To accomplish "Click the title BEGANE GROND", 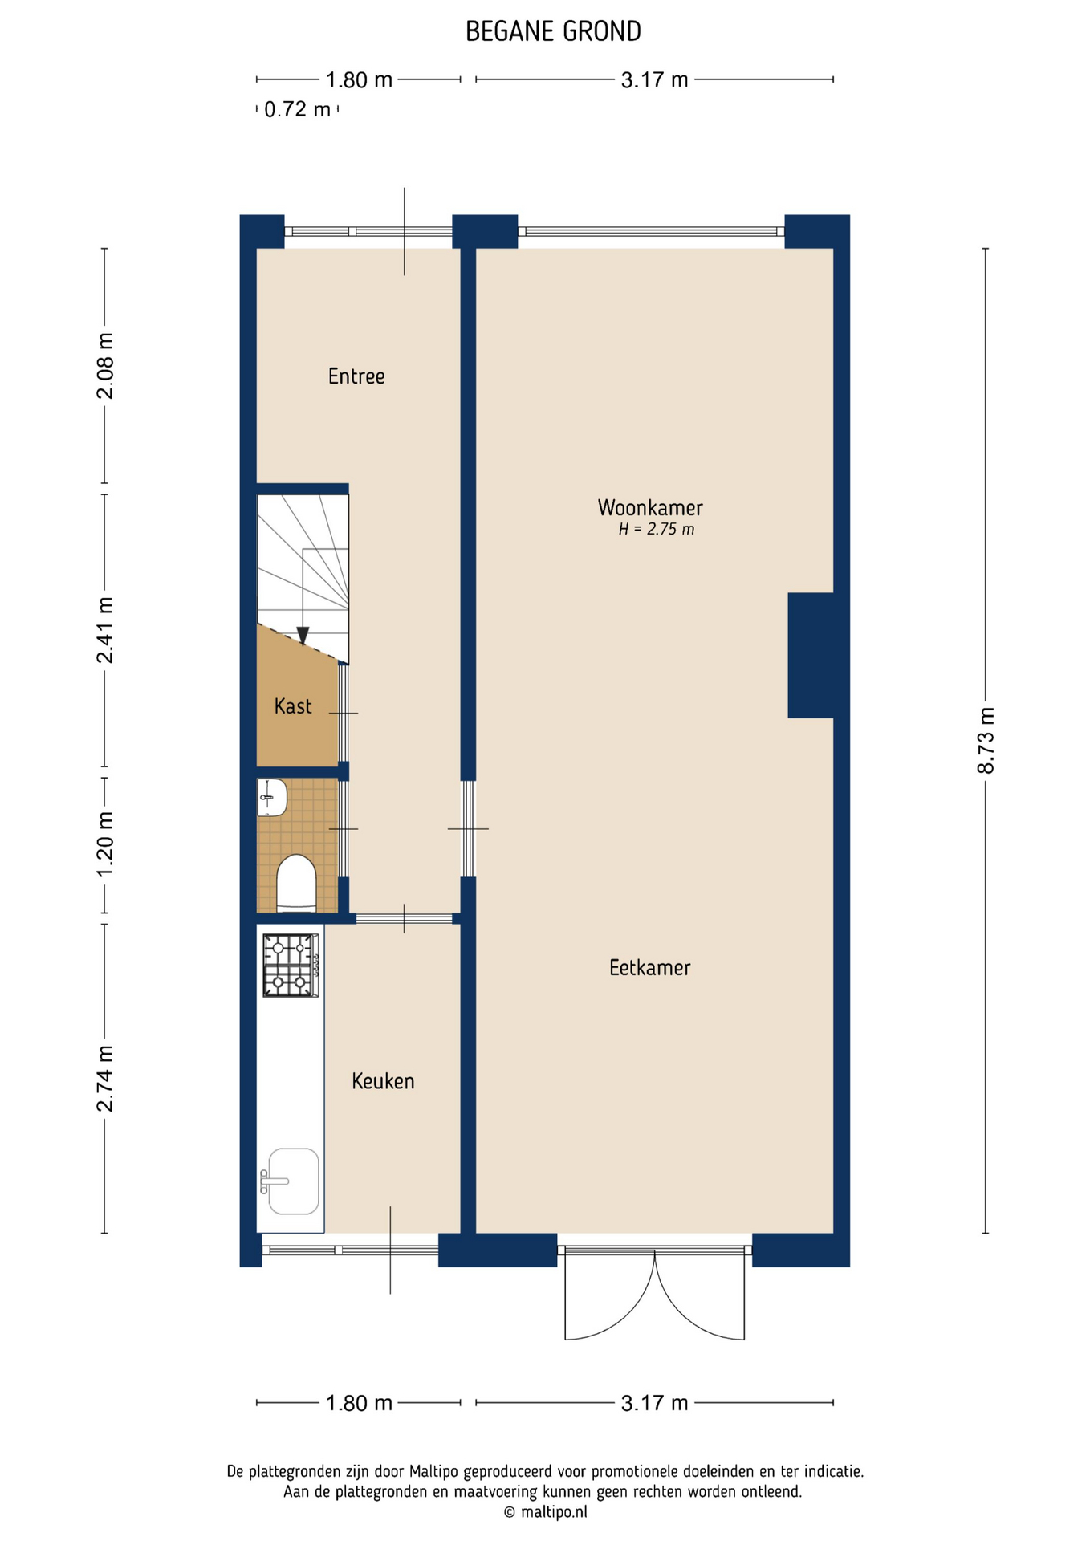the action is click(x=553, y=32).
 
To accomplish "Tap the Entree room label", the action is click(x=356, y=376).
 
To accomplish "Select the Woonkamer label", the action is click(x=650, y=507).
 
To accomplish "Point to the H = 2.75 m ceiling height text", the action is click(x=656, y=530).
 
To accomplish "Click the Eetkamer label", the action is click(x=649, y=967).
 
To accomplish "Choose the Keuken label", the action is click(x=383, y=1081).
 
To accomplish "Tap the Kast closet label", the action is click(x=293, y=706).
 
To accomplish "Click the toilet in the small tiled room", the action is click(x=296, y=883).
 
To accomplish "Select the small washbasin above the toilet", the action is click(x=272, y=798).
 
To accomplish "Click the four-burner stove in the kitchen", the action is click(x=291, y=966).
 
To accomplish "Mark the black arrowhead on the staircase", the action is click(x=303, y=636).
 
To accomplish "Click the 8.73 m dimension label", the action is click(x=986, y=741).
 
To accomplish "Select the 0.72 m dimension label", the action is click(x=297, y=109).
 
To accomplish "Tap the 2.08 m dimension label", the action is click(x=105, y=366).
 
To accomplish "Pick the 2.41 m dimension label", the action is click(x=105, y=630).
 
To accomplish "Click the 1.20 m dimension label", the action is click(x=105, y=844).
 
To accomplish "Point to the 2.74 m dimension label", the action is click(x=105, y=1079).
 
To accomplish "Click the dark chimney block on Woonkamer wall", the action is click(x=811, y=655).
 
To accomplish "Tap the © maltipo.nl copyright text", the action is click(x=545, y=1512).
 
